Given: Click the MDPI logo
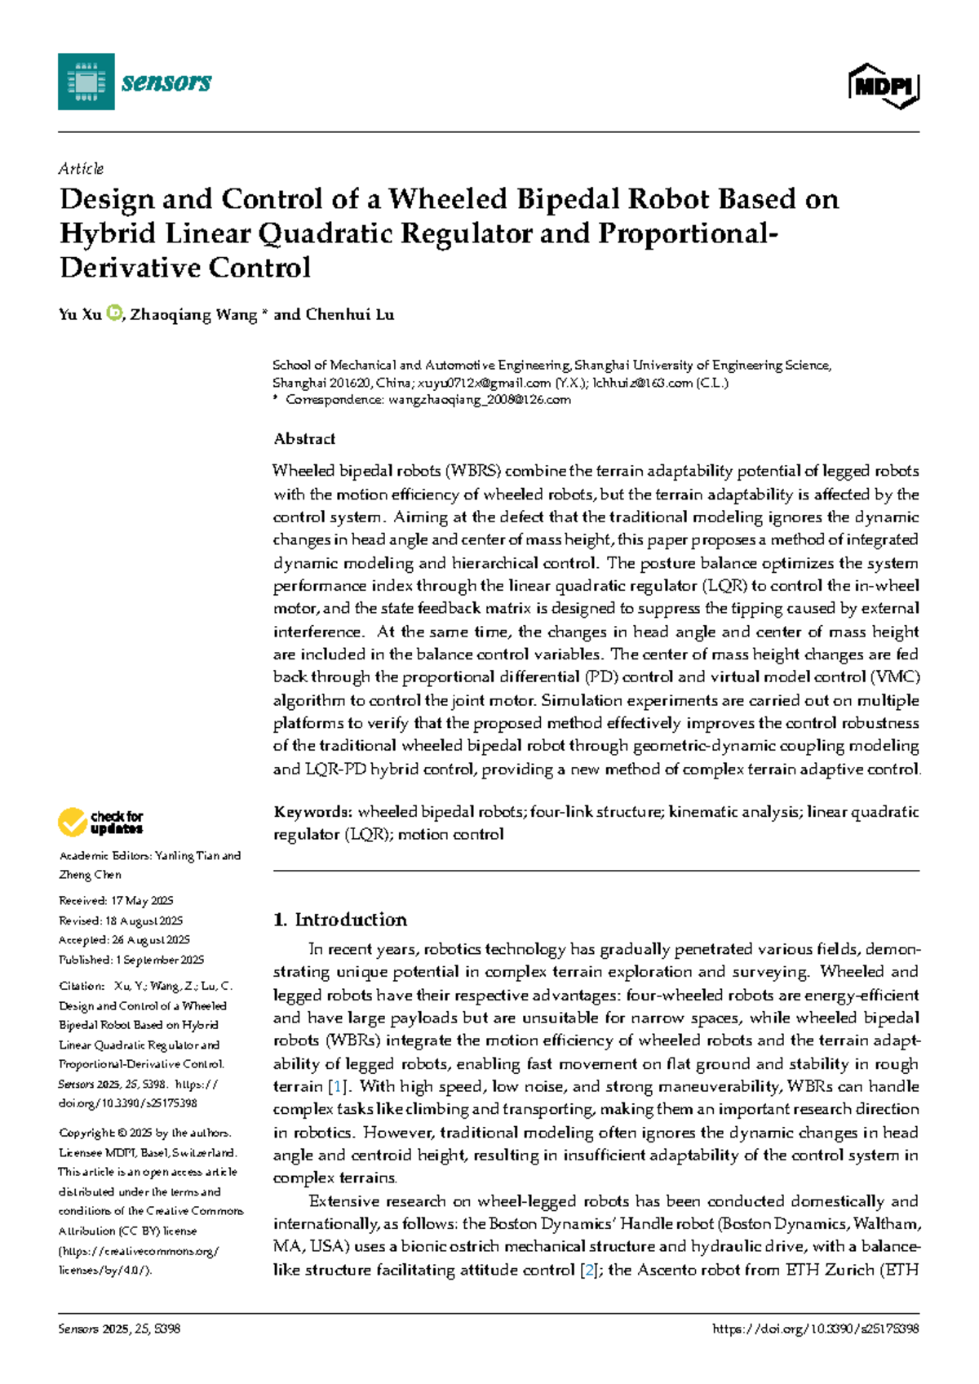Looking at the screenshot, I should [884, 85].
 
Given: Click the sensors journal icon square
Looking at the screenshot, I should [86, 82].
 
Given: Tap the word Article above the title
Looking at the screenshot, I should [81, 169].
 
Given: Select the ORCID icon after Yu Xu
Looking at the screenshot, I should [114, 313].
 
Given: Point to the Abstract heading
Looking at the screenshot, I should [304, 439].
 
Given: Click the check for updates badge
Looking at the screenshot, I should [100, 822].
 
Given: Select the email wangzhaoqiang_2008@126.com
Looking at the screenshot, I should [480, 400].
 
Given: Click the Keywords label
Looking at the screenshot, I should [312, 812].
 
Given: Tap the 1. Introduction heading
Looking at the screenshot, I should [340, 920].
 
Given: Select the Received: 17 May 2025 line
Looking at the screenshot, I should [116, 901].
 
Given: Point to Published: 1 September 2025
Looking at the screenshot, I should [131, 960].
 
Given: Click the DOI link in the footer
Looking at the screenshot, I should [815, 1329].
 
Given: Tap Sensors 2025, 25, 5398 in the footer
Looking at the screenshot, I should [119, 1329].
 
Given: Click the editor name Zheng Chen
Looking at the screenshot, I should [91, 875].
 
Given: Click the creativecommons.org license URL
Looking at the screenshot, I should [139, 1251].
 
